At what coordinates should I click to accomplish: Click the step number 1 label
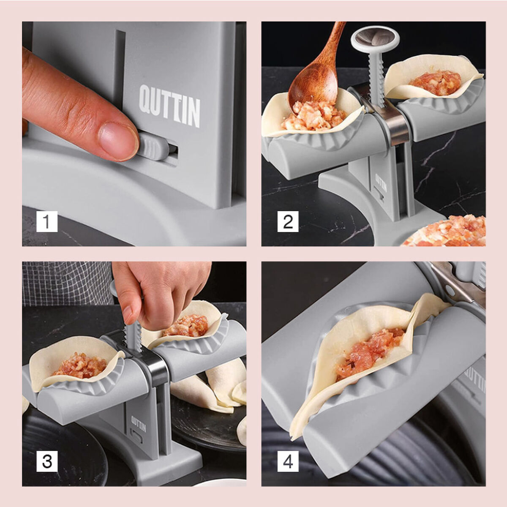[46, 221]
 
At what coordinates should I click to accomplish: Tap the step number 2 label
[288, 221]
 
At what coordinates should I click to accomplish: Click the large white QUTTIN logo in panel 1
[169, 106]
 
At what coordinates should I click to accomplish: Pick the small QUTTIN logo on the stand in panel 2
[381, 183]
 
